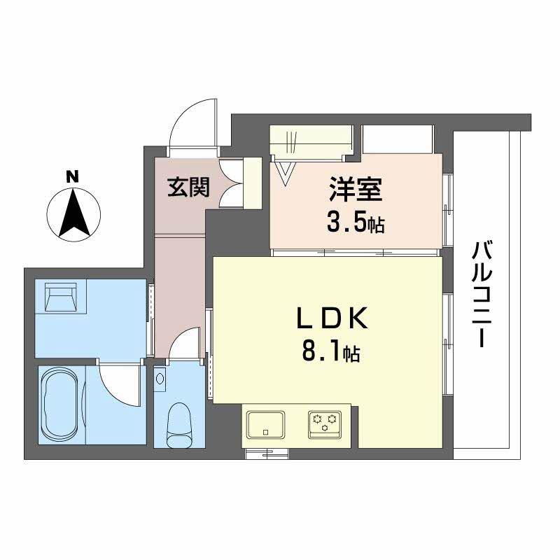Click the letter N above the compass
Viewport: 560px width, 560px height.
71,177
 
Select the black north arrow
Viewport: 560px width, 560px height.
73,213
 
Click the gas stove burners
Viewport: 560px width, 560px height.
325,422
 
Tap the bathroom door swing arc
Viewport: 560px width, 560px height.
119,384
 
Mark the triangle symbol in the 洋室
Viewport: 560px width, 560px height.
287,172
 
